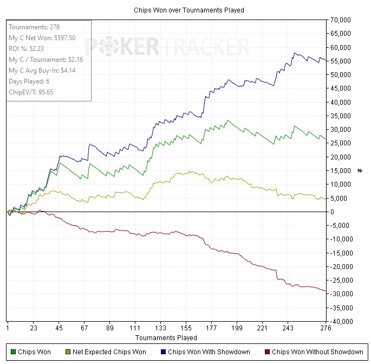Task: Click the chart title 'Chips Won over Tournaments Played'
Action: pyautogui.click(x=189, y=10)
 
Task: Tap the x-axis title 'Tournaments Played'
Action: pyautogui.click(x=166, y=338)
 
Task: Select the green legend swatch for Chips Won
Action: pyautogui.click(x=13, y=352)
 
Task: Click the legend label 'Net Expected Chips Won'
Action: pyautogui.click(x=109, y=352)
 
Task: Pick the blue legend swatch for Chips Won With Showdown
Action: pyautogui.click(x=163, y=352)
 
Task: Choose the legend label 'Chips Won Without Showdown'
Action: pyautogui.click(x=317, y=352)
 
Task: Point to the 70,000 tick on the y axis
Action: pyautogui.click(x=341, y=20)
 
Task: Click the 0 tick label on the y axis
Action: pyautogui.click(x=332, y=212)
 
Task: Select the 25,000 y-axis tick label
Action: pyautogui.click(x=341, y=143)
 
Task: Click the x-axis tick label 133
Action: pyautogui.click(x=160, y=328)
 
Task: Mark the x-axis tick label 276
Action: pyautogui.click(x=326, y=328)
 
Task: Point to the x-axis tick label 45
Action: pyautogui.click(x=59, y=328)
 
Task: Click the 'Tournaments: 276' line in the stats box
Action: pyautogui.click(x=34, y=27)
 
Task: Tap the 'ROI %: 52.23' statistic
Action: pyautogui.click(x=26, y=49)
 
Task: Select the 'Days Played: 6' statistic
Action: pyautogui.click(x=29, y=81)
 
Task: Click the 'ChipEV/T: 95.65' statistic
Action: pyautogui.click(x=31, y=92)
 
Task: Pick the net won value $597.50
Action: pyautogui.click(x=65, y=38)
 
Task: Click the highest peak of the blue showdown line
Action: pyautogui.click(x=295, y=53)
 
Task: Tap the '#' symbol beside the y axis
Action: pyautogui.click(x=360, y=171)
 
